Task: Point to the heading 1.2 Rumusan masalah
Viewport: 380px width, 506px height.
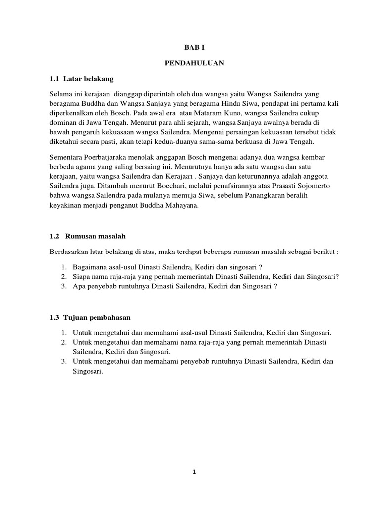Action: coord(91,236)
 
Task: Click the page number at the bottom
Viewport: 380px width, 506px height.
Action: coord(194,472)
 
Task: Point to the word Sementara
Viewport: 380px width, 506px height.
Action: coord(67,157)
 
